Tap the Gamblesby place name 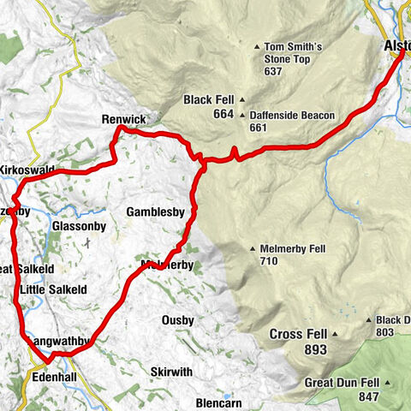[156, 211]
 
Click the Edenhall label [56, 375]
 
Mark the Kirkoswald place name [27, 170]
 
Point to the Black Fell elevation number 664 [210, 115]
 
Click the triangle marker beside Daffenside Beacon [242, 116]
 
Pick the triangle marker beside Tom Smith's [256, 47]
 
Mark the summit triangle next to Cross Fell [336, 334]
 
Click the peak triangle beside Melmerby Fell [253, 249]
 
